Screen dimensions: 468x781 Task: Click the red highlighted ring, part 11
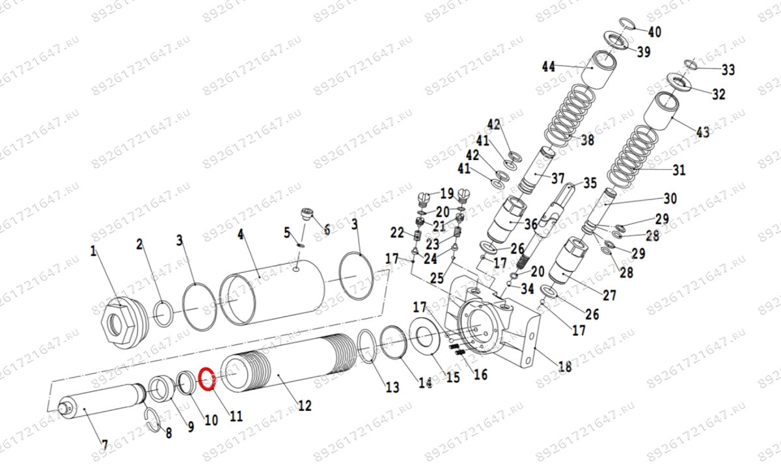point(206,378)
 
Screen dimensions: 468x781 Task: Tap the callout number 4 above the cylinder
point(240,234)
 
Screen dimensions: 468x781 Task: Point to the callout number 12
point(304,406)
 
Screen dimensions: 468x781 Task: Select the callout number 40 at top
point(654,31)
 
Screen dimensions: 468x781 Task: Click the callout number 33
point(728,70)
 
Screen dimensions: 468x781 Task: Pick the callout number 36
point(530,224)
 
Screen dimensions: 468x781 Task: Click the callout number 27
point(609,295)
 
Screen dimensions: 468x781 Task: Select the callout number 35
point(590,183)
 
